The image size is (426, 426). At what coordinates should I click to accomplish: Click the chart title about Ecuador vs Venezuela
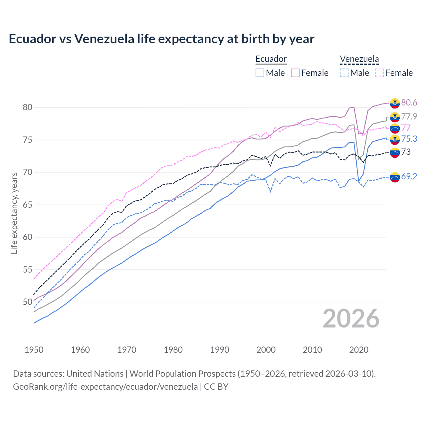pyautogui.click(x=161, y=39)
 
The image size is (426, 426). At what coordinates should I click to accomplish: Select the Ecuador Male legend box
pyautogui.click(x=260, y=73)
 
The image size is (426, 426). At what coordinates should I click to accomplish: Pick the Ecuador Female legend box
pyautogui.click(x=295, y=73)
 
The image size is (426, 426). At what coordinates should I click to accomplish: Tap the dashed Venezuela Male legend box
pyautogui.click(x=344, y=73)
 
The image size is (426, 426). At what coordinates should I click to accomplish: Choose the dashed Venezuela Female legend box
pyautogui.click(x=380, y=73)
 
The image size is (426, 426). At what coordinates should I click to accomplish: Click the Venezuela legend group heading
pyautogui.click(x=359, y=59)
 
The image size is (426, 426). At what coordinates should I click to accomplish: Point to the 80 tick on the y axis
pyautogui.click(x=28, y=107)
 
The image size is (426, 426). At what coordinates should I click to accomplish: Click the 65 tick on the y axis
pyautogui.click(x=28, y=205)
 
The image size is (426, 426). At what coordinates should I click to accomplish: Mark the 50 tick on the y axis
pyautogui.click(x=28, y=302)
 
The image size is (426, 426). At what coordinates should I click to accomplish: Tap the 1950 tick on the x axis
pyautogui.click(x=34, y=350)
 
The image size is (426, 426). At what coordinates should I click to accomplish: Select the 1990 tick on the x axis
pyautogui.click(x=220, y=350)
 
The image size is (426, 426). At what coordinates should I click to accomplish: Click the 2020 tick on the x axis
pyautogui.click(x=359, y=350)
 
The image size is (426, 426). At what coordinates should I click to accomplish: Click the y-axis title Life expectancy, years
pyautogui.click(x=14, y=213)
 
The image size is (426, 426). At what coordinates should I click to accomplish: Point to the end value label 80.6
pyautogui.click(x=409, y=103)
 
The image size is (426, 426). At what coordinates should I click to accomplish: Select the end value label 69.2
pyautogui.click(x=409, y=176)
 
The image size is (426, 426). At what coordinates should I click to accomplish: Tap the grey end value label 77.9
pyautogui.click(x=409, y=116)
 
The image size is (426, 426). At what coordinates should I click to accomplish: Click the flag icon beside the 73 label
pyautogui.click(x=395, y=152)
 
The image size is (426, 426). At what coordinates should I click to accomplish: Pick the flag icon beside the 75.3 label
pyautogui.click(x=395, y=139)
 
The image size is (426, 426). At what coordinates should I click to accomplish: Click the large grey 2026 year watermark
pyautogui.click(x=351, y=319)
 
